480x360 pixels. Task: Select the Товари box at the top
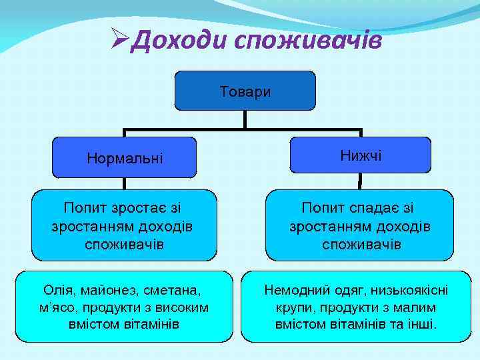(245, 91)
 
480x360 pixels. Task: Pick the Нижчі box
(361, 155)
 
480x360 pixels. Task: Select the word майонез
(111, 291)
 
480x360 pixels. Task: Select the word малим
(413, 307)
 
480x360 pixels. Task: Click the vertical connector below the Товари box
(245, 119)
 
